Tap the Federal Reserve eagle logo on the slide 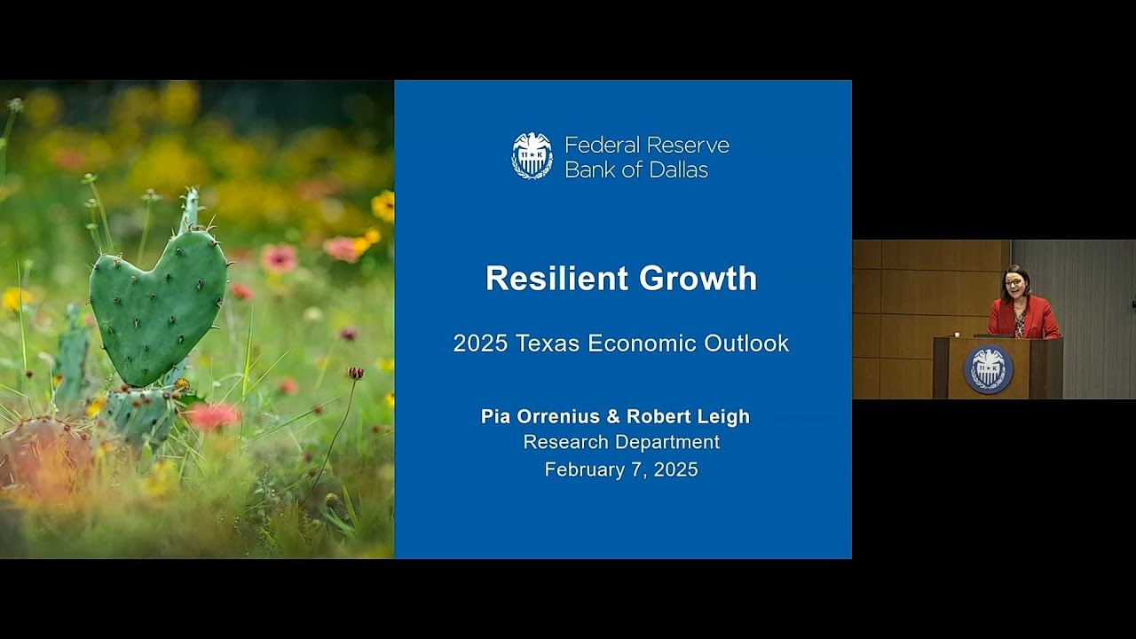click(532, 156)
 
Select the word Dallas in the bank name click(677, 170)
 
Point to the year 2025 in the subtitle click(478, 343)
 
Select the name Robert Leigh click(688, 416)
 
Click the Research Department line click(621, 442)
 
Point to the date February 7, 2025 click(621, 469)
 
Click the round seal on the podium click(988, 369)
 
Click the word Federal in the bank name click(602, 145)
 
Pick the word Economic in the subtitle click(651, 343)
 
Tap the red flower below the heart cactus click(213, 415)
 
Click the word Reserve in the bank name click(688, 145)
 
